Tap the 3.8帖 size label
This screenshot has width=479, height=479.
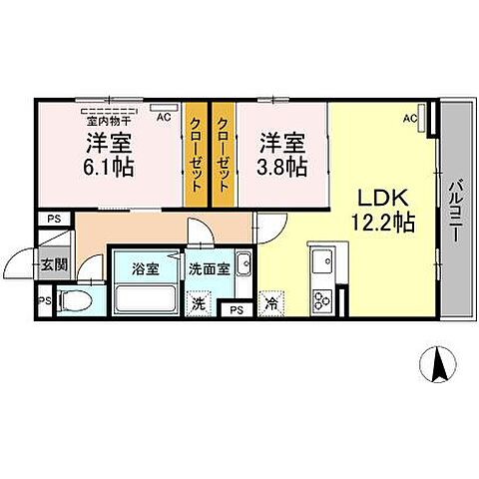click(x=283, y=167)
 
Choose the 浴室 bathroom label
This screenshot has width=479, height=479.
click(x=145, y=267)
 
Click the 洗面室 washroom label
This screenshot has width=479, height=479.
click(x=211, y=267)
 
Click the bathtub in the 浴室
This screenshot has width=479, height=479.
click(x=146, y=298)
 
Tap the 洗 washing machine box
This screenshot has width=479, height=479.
click(x=199, y=303)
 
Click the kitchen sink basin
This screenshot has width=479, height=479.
click(x=322, y=264)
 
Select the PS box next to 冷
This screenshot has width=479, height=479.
click(x=237, y=309)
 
